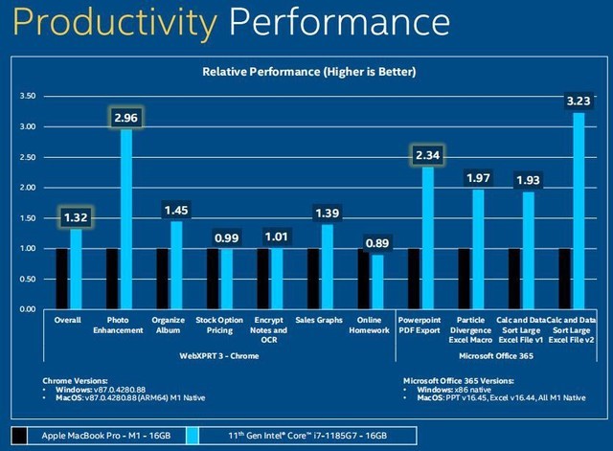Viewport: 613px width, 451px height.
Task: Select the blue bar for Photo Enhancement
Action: click(x=125, y=219)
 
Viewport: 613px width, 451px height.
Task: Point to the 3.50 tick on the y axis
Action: click(x=28, y=97)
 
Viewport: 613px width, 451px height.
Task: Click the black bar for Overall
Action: click(x=61, y=279)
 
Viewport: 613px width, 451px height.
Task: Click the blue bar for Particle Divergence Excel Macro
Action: click(x=478, y=249)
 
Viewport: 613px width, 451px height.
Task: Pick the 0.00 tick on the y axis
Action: click(x=28, y=310)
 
